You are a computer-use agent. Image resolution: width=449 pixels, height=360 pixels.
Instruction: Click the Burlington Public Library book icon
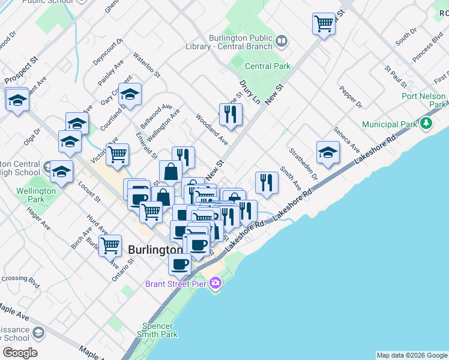(282, 41)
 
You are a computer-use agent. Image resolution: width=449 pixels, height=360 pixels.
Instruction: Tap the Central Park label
(267, 67)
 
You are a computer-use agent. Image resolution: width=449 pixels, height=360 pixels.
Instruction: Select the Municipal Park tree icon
(426, 124)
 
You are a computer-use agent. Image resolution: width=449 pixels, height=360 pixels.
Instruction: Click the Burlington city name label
(155, 250)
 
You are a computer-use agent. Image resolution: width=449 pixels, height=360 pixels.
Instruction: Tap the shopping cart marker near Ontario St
(110, 245)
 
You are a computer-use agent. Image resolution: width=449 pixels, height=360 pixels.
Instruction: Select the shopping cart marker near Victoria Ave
(117, 154)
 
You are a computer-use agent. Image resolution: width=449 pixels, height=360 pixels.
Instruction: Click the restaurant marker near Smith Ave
(267, 182)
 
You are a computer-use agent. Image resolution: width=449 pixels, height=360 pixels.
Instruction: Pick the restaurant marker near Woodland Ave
(231, 113)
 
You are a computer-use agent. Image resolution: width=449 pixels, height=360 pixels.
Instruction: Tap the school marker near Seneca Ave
(328, 152)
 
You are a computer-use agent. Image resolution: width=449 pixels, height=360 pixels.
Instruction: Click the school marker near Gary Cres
(130, 93)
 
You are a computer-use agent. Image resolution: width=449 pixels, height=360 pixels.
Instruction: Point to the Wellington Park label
(36, 195)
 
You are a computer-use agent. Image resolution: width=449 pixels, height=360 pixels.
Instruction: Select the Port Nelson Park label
(424, 100)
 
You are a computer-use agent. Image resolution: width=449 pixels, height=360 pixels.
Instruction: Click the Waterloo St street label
(147, 67)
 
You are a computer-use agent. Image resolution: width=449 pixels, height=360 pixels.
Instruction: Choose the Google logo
(20, 353)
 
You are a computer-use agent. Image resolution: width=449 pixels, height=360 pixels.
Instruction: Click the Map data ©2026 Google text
(411, 355)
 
